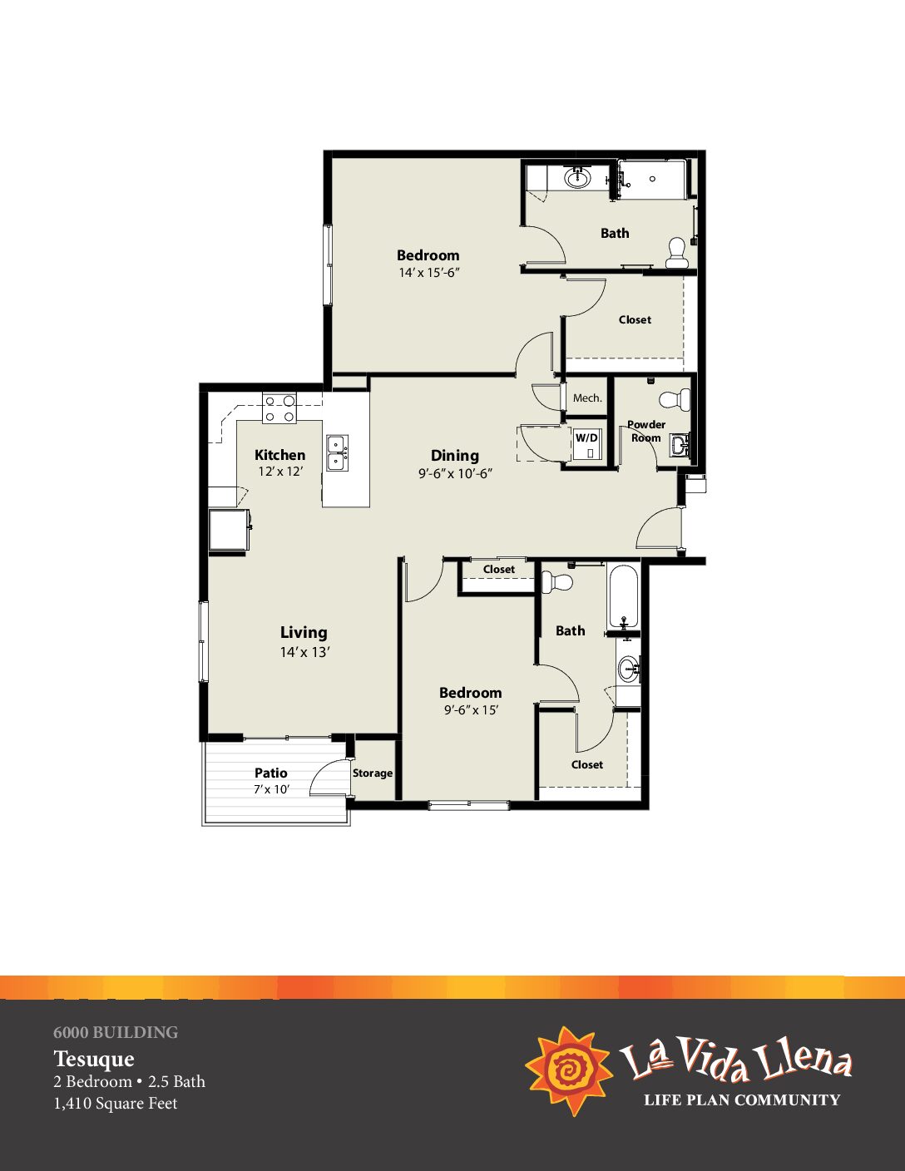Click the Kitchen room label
coord(279,455)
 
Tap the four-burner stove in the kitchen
coord(279,408)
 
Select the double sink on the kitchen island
coord(337,453)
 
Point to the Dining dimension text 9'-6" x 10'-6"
coord(456,474)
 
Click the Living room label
coord(304,632)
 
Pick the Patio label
coord(270,773)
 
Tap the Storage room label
coord(373,773)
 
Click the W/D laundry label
coord(586,437)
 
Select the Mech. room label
coord(587,398)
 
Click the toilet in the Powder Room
coord(675,399)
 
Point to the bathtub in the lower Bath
coord(624,596)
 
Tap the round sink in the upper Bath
coord(577,177)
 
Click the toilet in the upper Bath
coord(675,253)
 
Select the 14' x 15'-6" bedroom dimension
coord(429,273)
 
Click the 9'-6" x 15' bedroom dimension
coord(471,710)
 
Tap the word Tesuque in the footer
coord(94,1059)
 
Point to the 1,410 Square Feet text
coord(116,1104)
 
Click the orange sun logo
coord(569,1070)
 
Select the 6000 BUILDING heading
coord(116,1032)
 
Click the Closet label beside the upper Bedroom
coord(635,319)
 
